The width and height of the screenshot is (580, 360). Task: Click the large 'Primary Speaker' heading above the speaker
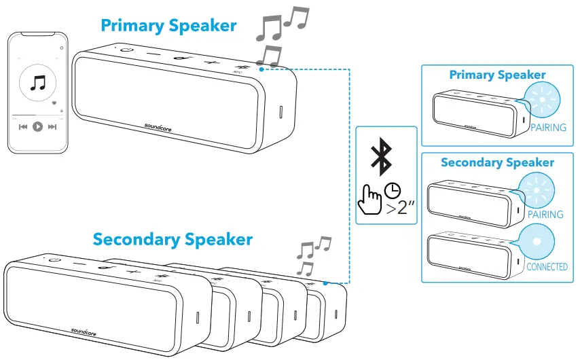[x=168, y=26]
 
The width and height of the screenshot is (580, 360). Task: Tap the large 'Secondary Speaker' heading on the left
[x=173, y=239]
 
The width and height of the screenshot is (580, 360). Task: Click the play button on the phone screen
[x=38, y=126]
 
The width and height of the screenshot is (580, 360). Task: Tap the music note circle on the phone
[x=38, y=84]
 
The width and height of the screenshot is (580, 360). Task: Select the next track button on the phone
[x=53, y=126]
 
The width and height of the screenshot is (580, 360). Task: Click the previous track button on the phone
[x=23, y=126]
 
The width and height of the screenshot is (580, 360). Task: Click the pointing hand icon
[x=370, y=198]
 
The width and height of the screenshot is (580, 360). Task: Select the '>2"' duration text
[x=401, y=208]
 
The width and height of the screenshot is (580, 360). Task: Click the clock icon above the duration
[x=392, y=190]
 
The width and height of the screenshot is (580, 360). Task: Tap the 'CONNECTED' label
[x=547, y=267]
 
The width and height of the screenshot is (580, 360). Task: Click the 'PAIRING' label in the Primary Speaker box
[x=548, y=127]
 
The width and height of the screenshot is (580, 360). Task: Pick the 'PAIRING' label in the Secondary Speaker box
[x=545, y=214]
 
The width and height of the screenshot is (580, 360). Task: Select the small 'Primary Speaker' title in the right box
[x=497, y=75]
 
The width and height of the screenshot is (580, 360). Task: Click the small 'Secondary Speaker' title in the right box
[x=497, y=162]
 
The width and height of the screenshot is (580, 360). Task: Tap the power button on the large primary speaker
[x=127, y=50]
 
